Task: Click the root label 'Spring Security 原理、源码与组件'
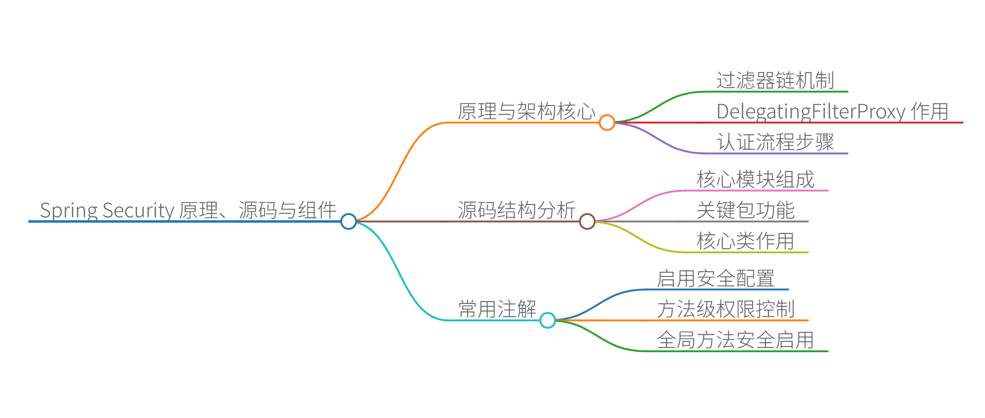(x=188, y=210)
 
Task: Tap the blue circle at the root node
(x=349, y=221)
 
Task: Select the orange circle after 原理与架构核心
(x=607, y=123)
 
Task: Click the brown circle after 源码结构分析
(x=587, y=221)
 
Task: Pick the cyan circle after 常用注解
(x=547, y=320)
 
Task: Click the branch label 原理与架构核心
(x=526, y=112)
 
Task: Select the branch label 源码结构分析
(x=516, y=210)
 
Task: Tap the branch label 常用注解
(x=497, y=310)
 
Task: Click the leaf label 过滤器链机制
(x=775, y=80)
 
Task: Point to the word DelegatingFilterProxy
(x=811, y=112)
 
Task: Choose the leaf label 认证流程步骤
(x=775, y=142)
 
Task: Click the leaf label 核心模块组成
(x=755, y=180)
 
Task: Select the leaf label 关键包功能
(x=745, y=210)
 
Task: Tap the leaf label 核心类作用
(x=745, y=241)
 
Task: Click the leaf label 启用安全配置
(x=716, y=278)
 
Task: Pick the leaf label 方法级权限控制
(x=725, y=310)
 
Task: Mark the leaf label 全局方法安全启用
(x=735, y=340)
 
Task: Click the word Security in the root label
(x=138, y=210)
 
